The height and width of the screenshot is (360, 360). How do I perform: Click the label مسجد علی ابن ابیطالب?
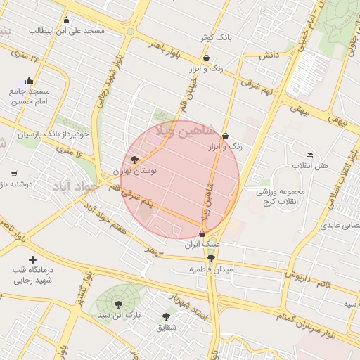click(67, 32)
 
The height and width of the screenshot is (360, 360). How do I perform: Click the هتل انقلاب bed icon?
click(309, 155)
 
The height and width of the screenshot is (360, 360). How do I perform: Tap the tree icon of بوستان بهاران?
click(135, 160)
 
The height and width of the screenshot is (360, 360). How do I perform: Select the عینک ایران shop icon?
click(203, 233)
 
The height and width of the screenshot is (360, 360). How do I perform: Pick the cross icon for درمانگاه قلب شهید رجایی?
click(32, 259)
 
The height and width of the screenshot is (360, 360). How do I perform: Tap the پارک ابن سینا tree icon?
click(117, 304)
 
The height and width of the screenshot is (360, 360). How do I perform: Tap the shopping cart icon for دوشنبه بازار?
click(14, 173)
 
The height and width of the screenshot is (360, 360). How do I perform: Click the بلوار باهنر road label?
click(165, 53)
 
